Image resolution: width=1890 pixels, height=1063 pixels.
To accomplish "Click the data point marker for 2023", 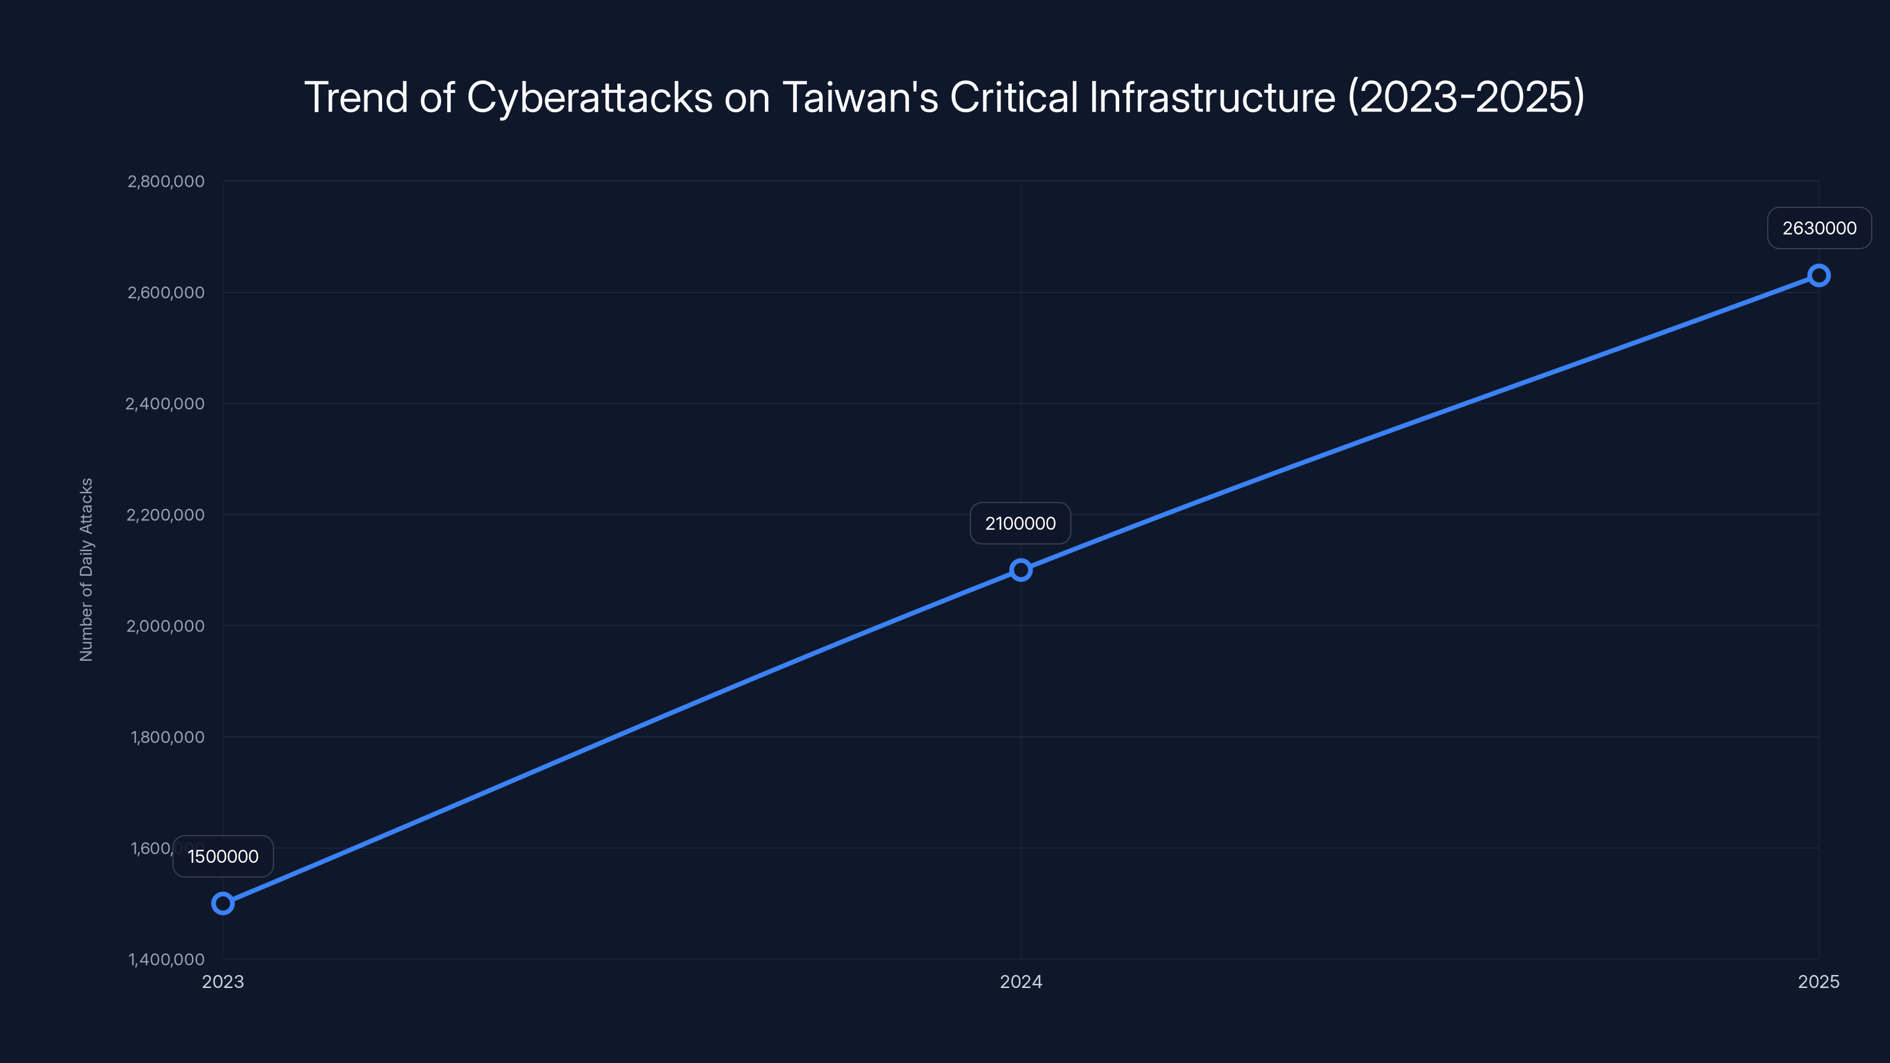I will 223,903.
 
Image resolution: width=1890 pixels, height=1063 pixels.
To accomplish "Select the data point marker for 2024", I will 1021,570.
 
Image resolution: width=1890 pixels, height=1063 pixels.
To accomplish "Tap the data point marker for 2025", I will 1819,276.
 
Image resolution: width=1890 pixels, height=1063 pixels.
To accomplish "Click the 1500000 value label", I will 223,856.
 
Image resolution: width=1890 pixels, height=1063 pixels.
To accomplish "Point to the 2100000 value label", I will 1021,523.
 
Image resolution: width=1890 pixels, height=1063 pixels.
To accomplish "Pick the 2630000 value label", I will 1820,228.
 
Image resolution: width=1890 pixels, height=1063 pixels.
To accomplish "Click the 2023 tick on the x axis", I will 223,982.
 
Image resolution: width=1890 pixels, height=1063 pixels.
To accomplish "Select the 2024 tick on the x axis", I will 1021,982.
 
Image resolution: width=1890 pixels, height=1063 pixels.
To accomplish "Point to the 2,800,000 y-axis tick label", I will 166,181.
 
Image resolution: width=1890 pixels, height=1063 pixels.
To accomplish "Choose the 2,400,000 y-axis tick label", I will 165,403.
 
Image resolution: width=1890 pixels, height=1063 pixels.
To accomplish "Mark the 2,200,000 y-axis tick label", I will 165,515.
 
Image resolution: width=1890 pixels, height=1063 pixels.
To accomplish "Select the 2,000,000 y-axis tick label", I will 165,626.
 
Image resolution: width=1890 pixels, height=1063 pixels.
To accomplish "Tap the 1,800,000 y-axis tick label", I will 167,737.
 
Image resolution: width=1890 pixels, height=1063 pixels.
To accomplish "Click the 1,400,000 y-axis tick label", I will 167,960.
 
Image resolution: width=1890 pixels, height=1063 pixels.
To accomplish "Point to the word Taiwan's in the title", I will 860,97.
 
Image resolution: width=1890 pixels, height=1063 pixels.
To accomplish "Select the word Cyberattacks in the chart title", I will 589,97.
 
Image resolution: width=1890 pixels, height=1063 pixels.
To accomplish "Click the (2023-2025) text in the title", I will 1466,97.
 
